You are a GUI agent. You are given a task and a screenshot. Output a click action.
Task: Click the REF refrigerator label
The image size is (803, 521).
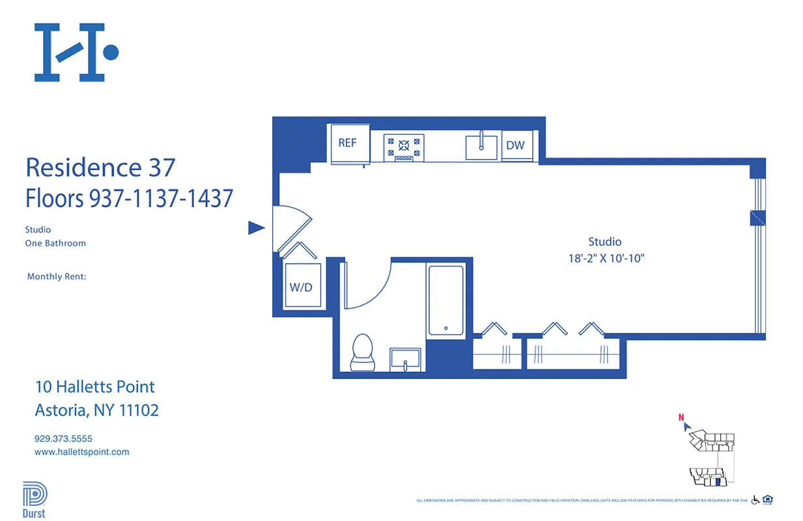(x=347, y=143)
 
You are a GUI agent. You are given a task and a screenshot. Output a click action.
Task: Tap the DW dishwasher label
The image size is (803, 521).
(x=515, y=145)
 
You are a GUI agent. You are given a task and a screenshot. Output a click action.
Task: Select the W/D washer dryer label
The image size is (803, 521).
(x=300, y=287)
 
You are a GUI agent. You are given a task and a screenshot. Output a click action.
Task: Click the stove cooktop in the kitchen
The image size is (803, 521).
(x=404, y=147)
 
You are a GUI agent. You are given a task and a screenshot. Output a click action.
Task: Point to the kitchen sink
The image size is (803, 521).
(x=481, y=147)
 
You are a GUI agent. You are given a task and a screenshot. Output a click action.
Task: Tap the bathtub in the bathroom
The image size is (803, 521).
(x=445, y=300)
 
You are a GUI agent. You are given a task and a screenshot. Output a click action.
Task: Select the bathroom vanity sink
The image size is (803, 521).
(x=406, y=359)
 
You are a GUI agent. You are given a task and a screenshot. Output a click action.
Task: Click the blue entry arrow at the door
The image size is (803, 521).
(x=257, y=228)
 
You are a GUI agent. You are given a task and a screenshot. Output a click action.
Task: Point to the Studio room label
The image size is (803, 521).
(x=604, y=242)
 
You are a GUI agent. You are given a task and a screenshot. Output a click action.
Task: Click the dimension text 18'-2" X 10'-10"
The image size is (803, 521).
(x=606, y=259)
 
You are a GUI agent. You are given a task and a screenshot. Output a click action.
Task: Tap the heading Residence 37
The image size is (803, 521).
(x=100, y=167)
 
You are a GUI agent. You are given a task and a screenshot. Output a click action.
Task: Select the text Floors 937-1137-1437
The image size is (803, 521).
(x=129, y=198)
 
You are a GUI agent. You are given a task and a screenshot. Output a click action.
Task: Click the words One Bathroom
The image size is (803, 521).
(x=55, y=244)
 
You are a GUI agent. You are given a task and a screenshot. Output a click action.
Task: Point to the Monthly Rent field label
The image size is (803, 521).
(x=57, y=277)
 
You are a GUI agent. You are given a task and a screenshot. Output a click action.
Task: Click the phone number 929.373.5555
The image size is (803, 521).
(x=63, y=439)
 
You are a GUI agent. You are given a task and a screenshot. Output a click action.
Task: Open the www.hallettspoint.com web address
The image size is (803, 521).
(x=81, y=452)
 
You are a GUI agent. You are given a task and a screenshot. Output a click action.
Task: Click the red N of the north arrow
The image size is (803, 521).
(x=681, y=417)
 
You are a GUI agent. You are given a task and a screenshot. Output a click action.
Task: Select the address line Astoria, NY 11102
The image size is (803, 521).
(x=96, y=410)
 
